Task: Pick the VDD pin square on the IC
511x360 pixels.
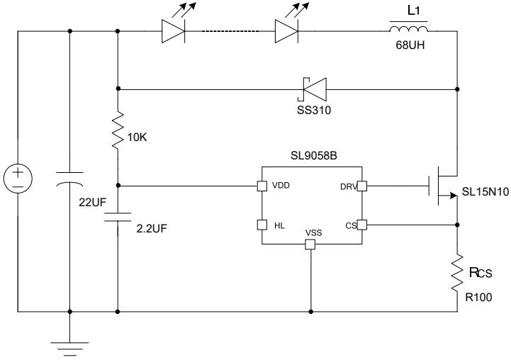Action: [261, 186]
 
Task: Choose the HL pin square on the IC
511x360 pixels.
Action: [261, 225]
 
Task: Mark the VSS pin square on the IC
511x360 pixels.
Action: [310, 244]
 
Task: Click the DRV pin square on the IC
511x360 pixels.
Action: [361, 186]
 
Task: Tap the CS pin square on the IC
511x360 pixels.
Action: [361, 225]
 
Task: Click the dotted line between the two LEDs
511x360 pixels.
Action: [229, 30]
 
